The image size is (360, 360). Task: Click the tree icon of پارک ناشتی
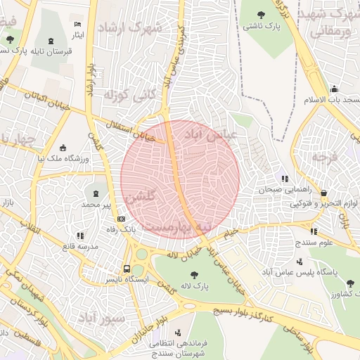262,14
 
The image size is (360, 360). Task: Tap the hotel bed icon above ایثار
77,25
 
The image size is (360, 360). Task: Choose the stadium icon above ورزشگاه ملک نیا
64,148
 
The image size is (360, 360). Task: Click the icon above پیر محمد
96,193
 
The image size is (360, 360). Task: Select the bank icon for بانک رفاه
121,219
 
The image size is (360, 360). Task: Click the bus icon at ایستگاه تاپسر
127,269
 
